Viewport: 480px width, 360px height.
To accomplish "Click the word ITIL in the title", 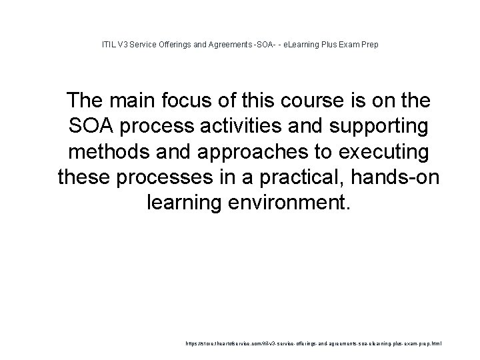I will pyautogui.click(x=108, y=45).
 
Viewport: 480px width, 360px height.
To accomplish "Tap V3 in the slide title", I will pyautogui.click(x=123, y=45).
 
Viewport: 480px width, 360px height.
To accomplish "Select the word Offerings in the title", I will pyautogui.click(x=175, y=45).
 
